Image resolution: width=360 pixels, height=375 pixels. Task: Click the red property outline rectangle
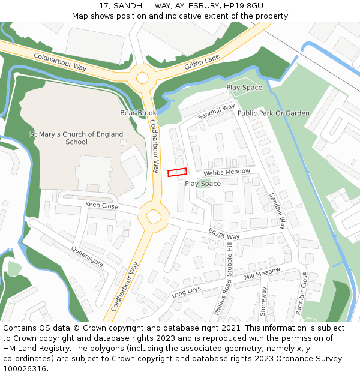[x=177, y=172]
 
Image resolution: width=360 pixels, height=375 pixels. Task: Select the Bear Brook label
[x=138, y=113]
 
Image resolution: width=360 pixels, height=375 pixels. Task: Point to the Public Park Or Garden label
[x=274, y=113]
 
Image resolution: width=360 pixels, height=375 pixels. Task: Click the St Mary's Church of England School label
[x=76, y=138]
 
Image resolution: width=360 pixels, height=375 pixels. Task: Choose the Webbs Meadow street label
[x=226, y=172]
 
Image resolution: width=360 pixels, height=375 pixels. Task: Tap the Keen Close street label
[x=101, y=205]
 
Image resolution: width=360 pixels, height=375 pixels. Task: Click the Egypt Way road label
[x=224, y=234]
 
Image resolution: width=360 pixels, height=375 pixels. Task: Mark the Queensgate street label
[x=87, y=256]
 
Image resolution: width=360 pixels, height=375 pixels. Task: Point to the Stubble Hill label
[x=230, y=259]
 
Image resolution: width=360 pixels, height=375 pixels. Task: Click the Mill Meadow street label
[x=262, y=274]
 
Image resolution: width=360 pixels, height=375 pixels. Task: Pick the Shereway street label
[x=263, y=303]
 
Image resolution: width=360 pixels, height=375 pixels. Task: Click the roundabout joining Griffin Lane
[x=142, y=77]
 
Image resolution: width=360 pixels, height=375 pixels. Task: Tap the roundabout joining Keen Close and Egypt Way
[x=154, y=215]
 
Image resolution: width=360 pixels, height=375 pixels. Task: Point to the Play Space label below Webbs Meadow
[x=202, y=184]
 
